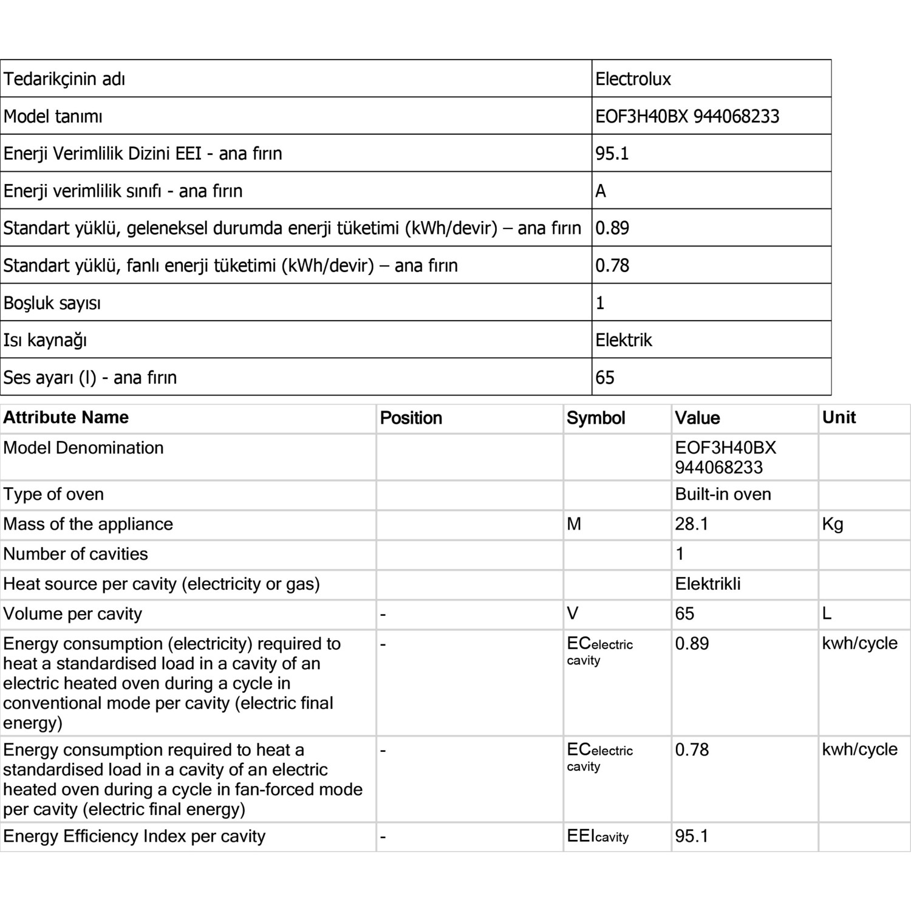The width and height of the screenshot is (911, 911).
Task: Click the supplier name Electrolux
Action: pyautogui.click(x=633, y=79)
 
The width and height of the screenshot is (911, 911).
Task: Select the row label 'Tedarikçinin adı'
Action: pyautogui.click(x=64, y=79)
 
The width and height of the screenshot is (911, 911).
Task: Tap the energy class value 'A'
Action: pyautogui.click(x=601, y=191)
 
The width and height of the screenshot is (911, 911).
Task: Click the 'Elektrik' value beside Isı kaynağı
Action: pyautogui.click(x=623, y=340)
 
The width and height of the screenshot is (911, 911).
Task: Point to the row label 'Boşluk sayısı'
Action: pyautogui.click(x=52, y=303)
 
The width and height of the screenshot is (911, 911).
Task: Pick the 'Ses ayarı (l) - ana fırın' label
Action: pyautogui.click(x=90, y=378)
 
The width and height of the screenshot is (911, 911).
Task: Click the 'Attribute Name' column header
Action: pyautogui.click(x=66, y=418)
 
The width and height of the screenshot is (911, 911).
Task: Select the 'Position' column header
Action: pyautogui.click(x=411, y=418)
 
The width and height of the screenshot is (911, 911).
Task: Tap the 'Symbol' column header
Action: pyautogui.click(x=596, y=418)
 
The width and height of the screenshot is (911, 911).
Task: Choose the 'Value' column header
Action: pyautogui.click(x=697, y=418)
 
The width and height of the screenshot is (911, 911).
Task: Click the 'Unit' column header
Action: pyautogui.click(x=839, y=418)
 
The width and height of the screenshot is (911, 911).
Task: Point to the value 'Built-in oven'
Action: pyautogui.click(x=723, y=494)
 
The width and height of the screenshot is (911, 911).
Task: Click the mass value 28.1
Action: pyautogui.click(x=692, y=524)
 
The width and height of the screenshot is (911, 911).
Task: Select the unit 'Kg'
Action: pyautogui.click(x=832, y=524)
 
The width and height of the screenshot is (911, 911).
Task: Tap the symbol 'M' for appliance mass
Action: pyautogui.click(x=574, y=524)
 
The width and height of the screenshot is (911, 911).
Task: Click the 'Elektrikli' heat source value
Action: pyautogui.click(x=708, y=584)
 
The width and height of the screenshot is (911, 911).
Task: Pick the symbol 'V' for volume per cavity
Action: pyautogui.click(x=572, y=614)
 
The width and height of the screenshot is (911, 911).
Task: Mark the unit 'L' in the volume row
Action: pyautogui.click(x=827, y=614)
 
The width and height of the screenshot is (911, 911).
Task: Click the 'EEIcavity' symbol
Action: pyautogui.click(x=598, y=836)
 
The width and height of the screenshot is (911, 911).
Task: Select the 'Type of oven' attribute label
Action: pyautogui.click(x=53, y=494)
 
